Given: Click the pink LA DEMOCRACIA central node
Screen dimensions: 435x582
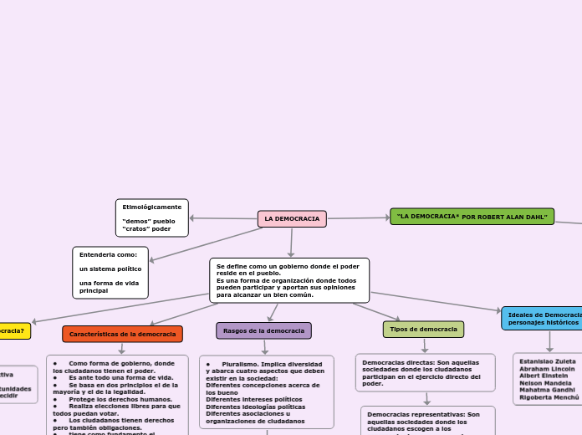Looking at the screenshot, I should [x=292, y=218].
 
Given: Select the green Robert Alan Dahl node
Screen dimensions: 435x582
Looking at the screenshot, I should [x=472, y=217].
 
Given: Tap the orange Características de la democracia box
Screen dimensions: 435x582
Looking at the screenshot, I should [x=122, y=334].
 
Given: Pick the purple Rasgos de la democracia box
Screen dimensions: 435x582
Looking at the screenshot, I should [x=263, y=330].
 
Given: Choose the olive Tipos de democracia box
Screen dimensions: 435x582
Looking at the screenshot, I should [x=423, y=329].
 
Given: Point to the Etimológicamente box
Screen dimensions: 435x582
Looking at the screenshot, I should [x=152, y=217].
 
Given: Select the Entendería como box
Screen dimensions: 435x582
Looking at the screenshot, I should [x=110, y=272].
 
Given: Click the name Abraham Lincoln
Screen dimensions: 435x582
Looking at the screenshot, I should [x=547, y=368].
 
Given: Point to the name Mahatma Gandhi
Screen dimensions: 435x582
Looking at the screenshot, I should [x=547, y=390].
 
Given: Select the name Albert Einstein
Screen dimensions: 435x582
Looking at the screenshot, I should [x=544, y=376].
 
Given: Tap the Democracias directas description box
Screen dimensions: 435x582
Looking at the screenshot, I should [x=425, y=373].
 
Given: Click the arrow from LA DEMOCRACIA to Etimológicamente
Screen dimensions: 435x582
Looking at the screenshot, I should [x=223, y=218].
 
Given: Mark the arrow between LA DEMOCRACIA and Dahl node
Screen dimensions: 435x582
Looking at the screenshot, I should [x=358, y=217].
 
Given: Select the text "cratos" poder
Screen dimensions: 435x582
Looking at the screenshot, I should [x=146, y=228].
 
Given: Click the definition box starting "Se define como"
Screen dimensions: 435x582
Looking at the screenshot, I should [x=288, y=280].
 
